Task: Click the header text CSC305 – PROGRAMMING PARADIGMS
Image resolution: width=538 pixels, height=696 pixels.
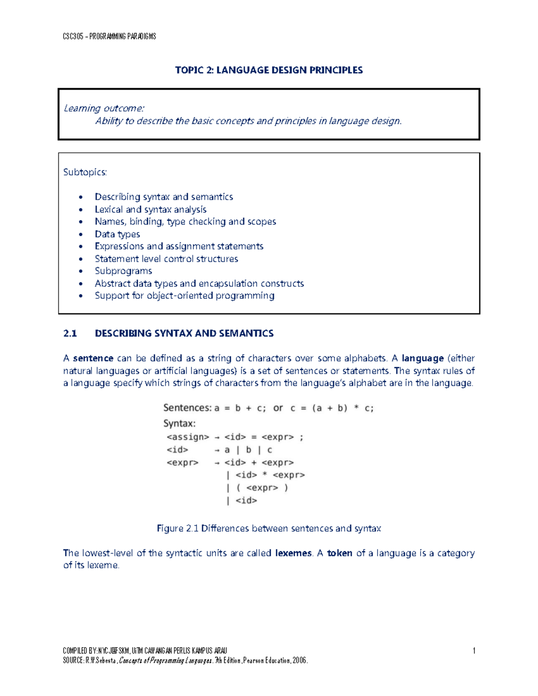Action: tap(109, 36)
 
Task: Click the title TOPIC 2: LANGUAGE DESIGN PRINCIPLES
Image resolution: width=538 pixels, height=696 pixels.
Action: tap(269, 70)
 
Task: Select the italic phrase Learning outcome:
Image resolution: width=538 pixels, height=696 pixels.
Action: tap(104, 108)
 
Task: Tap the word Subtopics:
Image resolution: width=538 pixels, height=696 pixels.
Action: tap(85, 172)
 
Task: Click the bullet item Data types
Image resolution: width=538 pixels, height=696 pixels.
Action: tap(117, 234)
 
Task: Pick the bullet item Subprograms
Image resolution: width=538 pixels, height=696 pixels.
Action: tap(123, 271)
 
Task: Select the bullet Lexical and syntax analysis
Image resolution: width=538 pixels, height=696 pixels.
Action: tap(150, 209)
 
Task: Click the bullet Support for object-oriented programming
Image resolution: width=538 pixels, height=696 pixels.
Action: tap(184, 296)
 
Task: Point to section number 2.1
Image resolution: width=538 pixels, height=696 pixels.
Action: tap(70, 333)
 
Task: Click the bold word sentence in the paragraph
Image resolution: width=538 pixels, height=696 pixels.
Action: tap(93, 358)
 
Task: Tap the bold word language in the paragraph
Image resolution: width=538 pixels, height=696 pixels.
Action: tap(422, 358)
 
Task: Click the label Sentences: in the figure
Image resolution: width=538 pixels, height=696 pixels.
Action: tap(187, 408)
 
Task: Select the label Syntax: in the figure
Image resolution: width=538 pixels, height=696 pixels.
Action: tap(179, 424)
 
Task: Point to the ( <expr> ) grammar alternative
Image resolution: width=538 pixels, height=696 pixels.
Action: tap(262, 488)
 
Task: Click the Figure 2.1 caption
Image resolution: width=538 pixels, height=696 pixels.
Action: tap(269, 528)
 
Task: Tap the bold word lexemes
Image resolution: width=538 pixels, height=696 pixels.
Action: tap(293, 553)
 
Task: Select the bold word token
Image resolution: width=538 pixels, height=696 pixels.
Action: tap(339, 553)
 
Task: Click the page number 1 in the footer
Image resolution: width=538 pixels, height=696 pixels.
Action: tap(474, 651)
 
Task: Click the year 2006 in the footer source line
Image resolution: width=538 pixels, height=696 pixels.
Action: tap(299, 661)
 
